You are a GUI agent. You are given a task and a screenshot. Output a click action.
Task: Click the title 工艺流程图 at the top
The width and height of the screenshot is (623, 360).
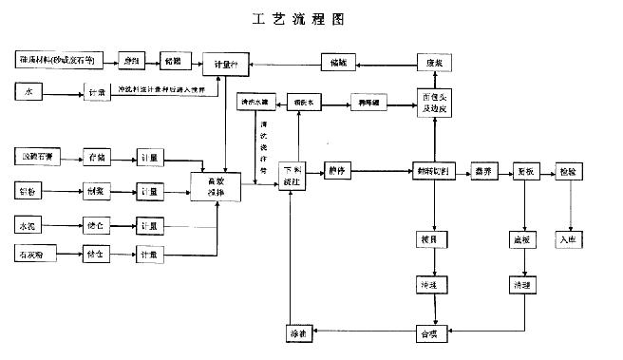tap(311, 18)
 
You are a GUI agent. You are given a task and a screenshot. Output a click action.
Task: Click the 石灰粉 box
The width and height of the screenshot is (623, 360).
tap(35, 256)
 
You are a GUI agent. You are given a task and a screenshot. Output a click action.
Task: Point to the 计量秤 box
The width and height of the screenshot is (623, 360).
tap(226, 63)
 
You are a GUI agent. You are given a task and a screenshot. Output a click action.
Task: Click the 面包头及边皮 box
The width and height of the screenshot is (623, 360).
tap(433, 103)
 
